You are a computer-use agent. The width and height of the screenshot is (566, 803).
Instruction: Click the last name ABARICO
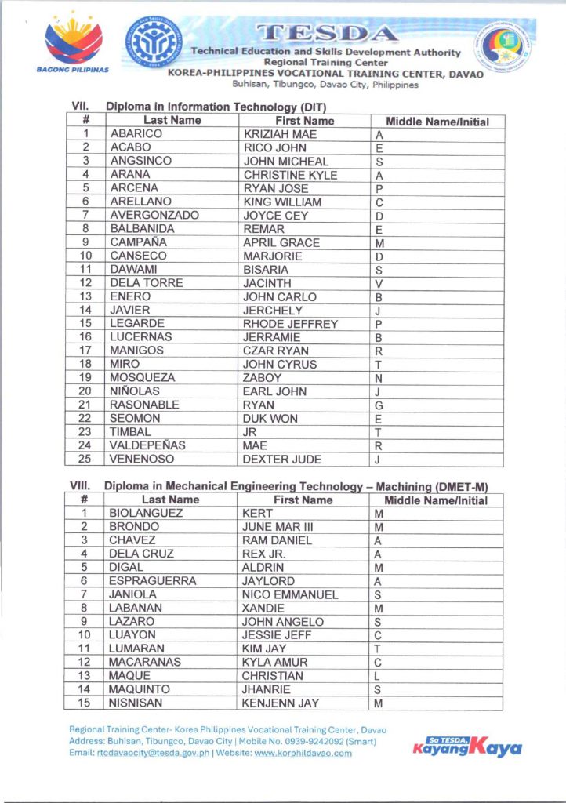click(136, 134)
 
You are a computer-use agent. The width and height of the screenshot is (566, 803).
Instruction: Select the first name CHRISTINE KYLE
click(290, 175)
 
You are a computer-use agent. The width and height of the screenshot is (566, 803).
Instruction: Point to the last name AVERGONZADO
click(154, 215)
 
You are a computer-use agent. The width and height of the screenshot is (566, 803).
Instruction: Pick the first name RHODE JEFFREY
click(290, 324)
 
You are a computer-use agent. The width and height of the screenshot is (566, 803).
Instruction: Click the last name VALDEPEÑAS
click(147, 445)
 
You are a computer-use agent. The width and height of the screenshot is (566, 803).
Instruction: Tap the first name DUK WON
click(270, 419)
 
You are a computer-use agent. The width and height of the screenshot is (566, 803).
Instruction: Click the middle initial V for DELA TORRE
click(379, 283)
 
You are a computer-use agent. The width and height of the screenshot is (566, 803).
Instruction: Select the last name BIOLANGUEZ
click(146, 513)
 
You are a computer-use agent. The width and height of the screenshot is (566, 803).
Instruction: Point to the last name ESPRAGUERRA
click(152, 581)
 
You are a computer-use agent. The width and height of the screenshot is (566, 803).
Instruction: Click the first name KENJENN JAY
click(280, 703)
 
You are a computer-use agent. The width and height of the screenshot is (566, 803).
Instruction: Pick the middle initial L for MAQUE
click(378, 676)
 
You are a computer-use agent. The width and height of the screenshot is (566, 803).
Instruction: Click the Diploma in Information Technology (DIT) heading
click(216, 107)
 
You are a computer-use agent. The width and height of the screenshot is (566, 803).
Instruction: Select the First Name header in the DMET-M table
click(303, 500)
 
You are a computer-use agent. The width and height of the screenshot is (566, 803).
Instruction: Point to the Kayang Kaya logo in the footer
click(466, 746)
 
